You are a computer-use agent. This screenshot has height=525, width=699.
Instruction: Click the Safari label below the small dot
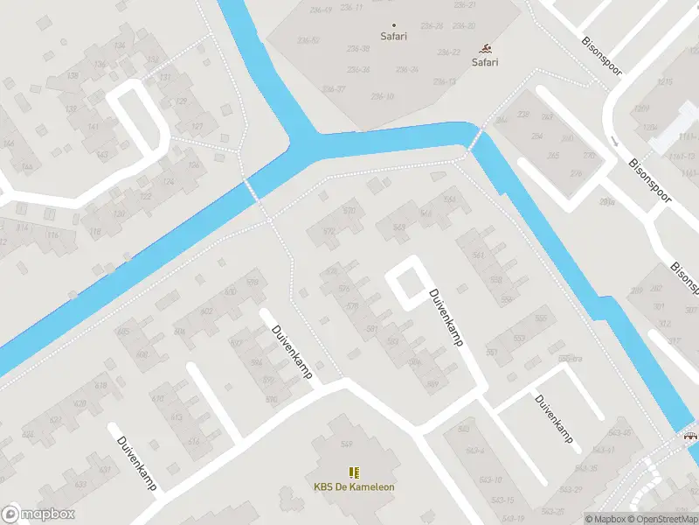tap(393, 37)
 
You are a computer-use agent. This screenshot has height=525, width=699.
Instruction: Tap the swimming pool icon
tap(485, 49)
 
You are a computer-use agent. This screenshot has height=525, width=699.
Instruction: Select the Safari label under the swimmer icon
tap(485, 62)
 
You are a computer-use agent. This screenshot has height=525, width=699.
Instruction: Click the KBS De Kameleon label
tap(354, 487)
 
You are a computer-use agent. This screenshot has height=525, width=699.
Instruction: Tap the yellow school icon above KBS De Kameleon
tap(354, 472)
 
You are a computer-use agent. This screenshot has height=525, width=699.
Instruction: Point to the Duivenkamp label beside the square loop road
tap(444, 318)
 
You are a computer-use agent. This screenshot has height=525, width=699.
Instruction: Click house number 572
tap(329, 232)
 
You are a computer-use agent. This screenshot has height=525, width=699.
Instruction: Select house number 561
tap(477, 255)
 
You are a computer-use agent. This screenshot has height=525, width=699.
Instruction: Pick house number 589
tap(432, 384)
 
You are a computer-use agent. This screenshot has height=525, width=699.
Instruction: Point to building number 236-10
tap(383, 96)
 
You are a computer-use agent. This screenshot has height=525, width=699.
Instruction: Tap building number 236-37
tap(333, 89)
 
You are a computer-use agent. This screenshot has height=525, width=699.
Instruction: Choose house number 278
tap(575, 173)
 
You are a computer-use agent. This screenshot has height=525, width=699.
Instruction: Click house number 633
tap(80, 483)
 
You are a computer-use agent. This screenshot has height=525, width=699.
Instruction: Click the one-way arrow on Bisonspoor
tap(613, 141)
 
